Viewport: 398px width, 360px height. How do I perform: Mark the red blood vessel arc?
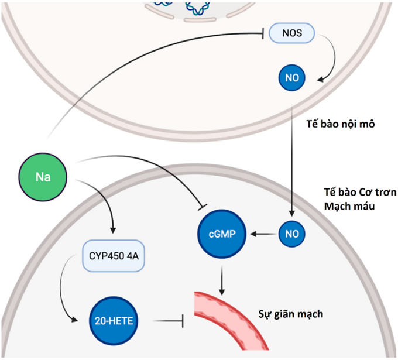coord(234,319)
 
